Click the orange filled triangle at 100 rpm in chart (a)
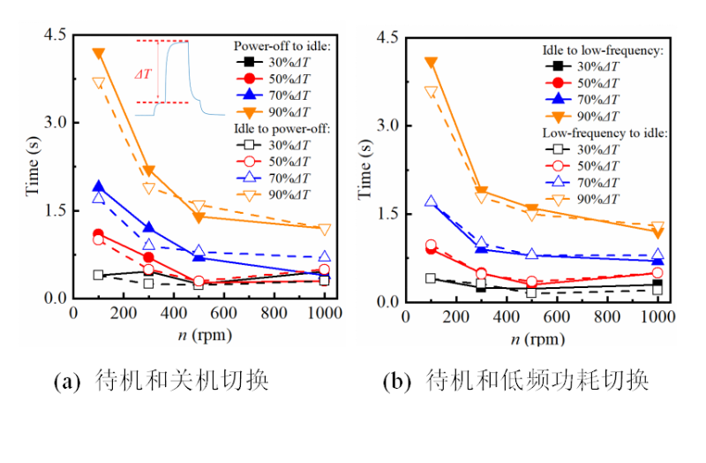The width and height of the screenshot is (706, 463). coord(98,54)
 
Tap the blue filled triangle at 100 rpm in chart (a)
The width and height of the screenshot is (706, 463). coord(98,186)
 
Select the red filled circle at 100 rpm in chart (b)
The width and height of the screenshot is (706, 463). coord(431,249)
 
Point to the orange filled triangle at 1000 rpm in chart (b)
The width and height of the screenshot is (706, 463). coord(657,232)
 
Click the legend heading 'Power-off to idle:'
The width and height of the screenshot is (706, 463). coord(282,44)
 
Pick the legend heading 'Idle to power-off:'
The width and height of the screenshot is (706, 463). coord(282,128)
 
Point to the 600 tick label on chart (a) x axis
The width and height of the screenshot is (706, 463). coord(224,315)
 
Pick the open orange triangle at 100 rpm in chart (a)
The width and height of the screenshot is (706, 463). coord(98,83)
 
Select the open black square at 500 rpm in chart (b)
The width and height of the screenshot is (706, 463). coord(531,292)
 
